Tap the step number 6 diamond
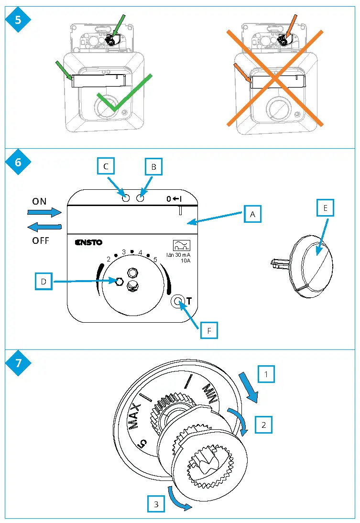tap(18, 162)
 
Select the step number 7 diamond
tap(18, 363)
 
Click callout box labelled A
tap(252, 215)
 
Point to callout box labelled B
tap(154, 167)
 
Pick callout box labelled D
tap(44, 282)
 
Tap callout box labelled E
tap(325, 208)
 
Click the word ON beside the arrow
tap(40, 202)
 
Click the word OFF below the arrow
tap(41, 240)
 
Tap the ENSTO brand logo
tap(88, 242)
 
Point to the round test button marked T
tap(179, 302)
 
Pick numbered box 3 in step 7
tap(156, 503)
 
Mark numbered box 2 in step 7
tap(263, 424)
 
